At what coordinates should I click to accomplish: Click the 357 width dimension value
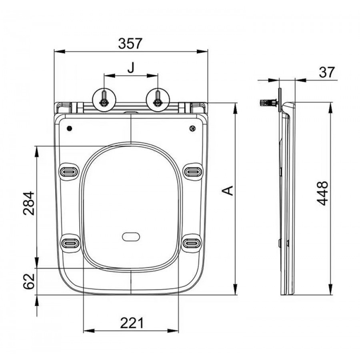130,43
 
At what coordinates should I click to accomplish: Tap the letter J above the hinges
131,68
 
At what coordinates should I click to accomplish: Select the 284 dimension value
29,204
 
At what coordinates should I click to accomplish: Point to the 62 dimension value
29,282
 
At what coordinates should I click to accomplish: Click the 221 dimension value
132,323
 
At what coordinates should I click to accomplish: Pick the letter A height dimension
228,190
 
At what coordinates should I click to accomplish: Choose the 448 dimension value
322,193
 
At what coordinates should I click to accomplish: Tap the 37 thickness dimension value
327,72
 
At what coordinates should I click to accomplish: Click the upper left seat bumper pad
69,171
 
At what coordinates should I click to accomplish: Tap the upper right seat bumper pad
194,171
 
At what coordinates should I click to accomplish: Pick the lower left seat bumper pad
70,243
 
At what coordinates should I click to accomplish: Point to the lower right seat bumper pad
192,243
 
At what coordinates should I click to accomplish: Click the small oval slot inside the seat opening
131,237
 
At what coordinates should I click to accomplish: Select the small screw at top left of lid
69,128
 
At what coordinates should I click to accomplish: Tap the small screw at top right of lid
193,128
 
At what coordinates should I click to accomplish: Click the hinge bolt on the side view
269,102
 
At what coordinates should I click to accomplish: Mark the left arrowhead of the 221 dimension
89,331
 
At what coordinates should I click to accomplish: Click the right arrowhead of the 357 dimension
202,52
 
